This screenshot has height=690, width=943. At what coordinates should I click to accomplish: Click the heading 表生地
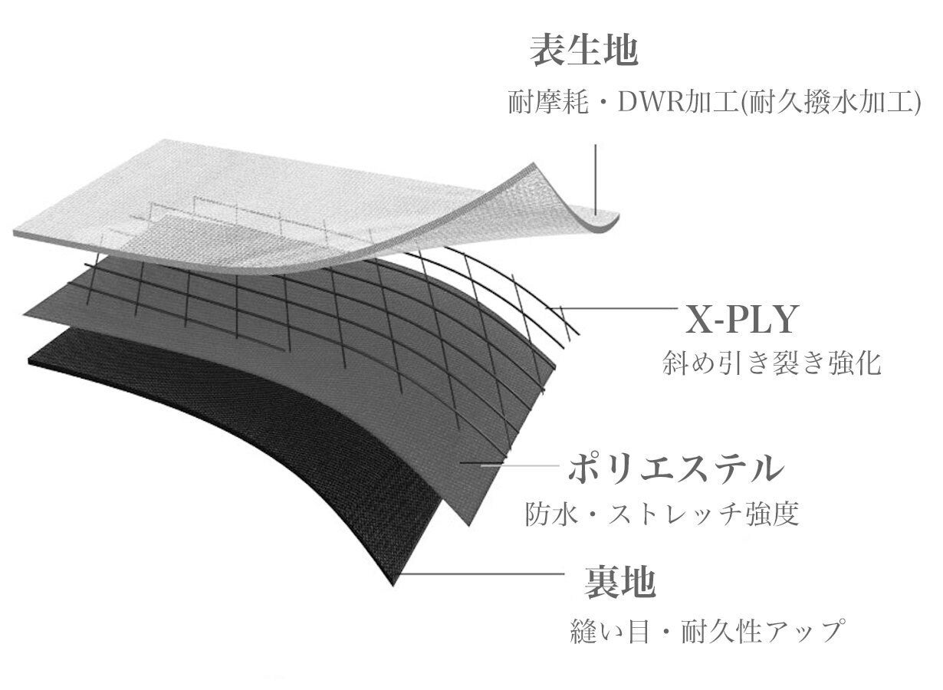tap(584, 51)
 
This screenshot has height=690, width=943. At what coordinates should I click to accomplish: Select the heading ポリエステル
tap(676, 468)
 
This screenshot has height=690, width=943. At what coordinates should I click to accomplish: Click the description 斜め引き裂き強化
tap(772, 363)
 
